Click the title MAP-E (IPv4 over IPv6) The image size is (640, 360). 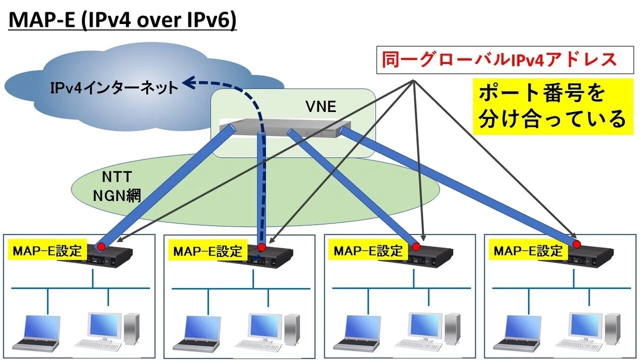click(123, 20)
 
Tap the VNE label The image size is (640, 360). click(321, 107)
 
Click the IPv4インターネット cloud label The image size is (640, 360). click(114, 87)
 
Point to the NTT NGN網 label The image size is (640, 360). click(117, 186)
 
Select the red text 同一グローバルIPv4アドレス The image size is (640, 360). click(499, 60)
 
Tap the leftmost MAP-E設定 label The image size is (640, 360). click(47, 251)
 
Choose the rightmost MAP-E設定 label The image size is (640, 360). click(529, 251)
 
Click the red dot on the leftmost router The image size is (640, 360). click(101, 246)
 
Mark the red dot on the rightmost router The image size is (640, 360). click(577, 244)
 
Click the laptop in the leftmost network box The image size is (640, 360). click(37, 333)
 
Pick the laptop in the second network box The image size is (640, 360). click(197, 333)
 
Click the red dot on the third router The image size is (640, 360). click(416, 246)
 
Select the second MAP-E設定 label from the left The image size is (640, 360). click(207, 251)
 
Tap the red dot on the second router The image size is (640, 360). click(261, 247)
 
